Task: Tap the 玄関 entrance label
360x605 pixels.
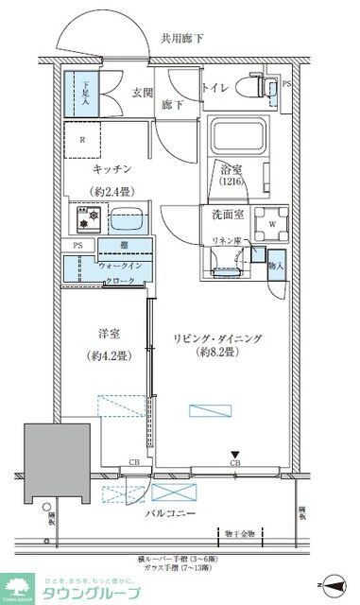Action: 143,92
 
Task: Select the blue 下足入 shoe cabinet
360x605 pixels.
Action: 84,95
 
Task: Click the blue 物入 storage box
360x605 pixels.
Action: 276,260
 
